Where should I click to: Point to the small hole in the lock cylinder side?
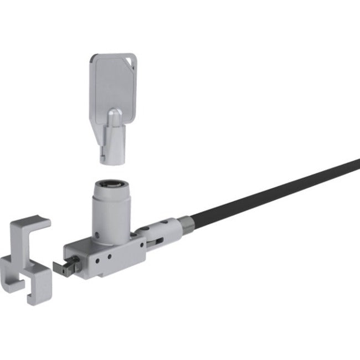point(99,226)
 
